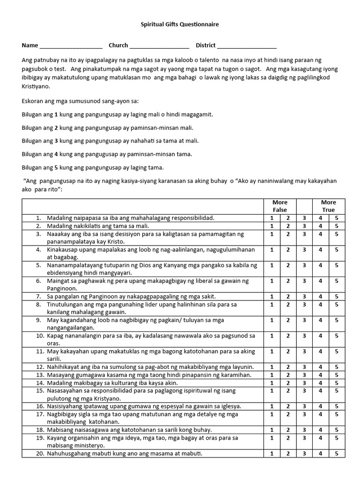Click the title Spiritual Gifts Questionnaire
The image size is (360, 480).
coord(180,24)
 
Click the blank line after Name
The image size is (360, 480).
coord(71,46)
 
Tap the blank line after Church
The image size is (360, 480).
coord(159,46)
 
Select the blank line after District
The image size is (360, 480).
coord(247,46)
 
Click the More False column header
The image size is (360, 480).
coord(280,206)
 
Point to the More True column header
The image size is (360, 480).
coord(328,206)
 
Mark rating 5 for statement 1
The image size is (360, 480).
coord(337,218)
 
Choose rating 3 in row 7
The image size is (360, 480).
coord(304,297)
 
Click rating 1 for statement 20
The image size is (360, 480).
coord(272,454)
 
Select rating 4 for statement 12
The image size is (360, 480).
coord(321,367)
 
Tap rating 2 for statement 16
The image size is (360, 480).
coord(288,406)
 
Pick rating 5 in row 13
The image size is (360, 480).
coord(337,375)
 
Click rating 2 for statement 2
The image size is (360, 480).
coord(288,226)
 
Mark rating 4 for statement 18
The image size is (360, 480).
coord(321,430)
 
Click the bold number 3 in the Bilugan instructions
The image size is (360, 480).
coord(56,141)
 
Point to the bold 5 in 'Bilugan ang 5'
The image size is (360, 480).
coord(56,167)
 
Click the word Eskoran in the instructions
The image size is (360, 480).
coord(33,101)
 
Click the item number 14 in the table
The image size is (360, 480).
coord(39,383)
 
